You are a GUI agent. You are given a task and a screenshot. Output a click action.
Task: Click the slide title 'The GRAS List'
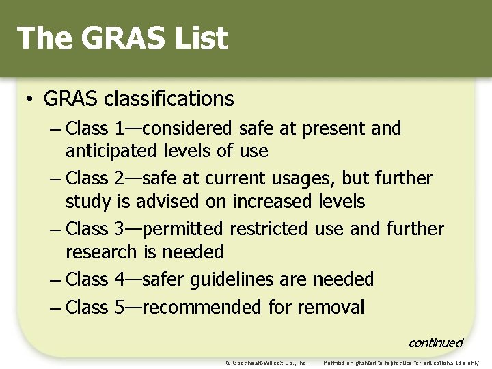[122, 38]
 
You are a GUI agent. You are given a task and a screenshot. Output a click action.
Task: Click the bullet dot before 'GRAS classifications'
[30, 100]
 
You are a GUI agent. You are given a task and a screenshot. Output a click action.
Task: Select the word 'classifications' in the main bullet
[169, 99]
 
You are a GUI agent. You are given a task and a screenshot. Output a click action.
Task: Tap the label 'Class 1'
[96, 128]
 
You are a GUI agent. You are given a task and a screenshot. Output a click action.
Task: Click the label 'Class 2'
[96, 179]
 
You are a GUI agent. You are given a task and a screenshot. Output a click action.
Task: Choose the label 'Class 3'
[96, 229]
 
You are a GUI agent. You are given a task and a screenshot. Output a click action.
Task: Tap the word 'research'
[102, 252]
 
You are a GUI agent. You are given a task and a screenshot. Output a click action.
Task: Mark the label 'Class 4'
[96, 279]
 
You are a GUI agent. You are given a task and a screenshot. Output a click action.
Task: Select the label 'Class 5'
[96, 307]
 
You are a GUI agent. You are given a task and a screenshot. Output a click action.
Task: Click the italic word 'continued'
[435, 342]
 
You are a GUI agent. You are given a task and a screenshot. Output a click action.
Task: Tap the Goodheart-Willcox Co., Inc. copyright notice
[266, 363]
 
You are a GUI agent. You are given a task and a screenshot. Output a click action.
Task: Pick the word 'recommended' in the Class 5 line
[203, 307]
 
